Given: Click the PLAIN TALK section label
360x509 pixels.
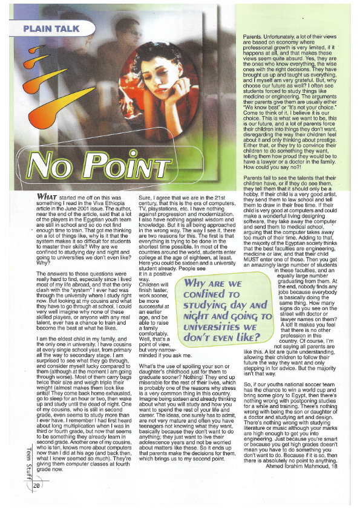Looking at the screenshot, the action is click(48, 28).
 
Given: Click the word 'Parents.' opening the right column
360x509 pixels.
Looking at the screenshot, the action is click(244, 37).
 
